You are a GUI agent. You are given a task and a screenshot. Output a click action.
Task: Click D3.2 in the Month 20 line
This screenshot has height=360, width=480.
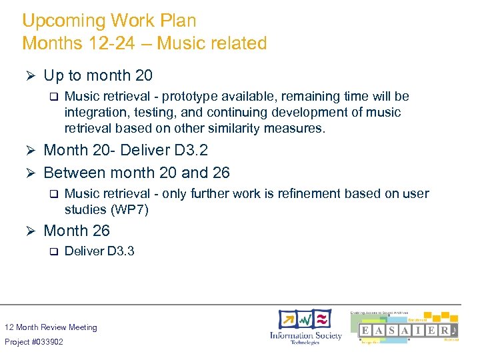pos(190,150)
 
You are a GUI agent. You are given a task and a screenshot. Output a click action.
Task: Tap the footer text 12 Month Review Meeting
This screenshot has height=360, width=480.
pos(51,327)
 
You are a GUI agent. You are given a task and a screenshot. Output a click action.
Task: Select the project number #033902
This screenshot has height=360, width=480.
pos(47,342)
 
